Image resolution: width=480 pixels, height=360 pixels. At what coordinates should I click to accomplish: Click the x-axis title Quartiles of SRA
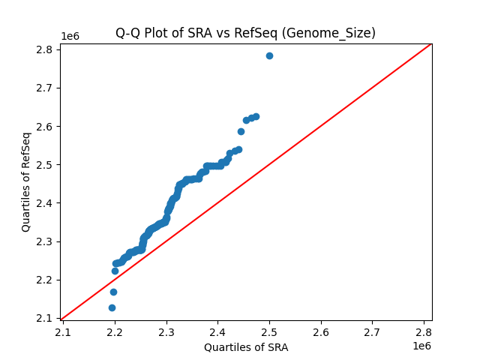(246, 347)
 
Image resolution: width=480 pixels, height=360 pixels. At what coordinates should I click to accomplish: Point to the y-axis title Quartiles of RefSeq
(26, 181)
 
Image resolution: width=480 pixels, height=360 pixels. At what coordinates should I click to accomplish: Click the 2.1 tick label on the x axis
(63, 331)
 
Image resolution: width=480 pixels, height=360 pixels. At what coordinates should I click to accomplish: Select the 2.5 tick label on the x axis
(269, 331)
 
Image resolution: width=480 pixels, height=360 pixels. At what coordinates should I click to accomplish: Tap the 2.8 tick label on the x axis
(424, 331)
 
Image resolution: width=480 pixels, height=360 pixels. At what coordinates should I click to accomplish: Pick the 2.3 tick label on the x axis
(166, 331)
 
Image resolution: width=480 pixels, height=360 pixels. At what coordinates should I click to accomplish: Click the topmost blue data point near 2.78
(269, 55)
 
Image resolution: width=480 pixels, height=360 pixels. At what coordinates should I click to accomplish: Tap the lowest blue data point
(112, 307)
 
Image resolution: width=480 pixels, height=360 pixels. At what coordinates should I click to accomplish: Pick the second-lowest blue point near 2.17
(113, 292)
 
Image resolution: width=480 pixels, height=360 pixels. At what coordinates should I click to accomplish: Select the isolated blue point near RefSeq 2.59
(241, 131)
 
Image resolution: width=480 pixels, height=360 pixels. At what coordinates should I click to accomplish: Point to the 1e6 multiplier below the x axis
(421, 346)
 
